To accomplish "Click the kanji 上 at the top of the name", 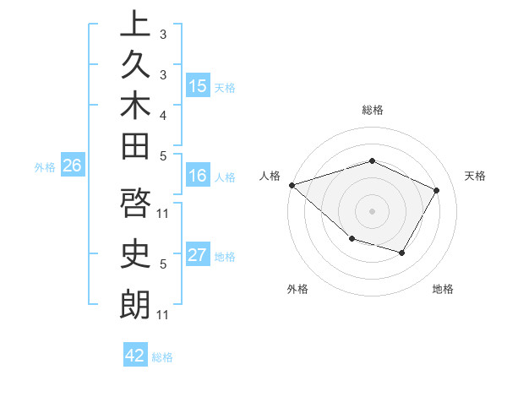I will (x=135, y=24).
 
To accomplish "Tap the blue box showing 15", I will (x=198, y=86).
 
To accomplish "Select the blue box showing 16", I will (x=198, y=176).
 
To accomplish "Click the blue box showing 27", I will (x=198, y=255).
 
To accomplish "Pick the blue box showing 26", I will (x=73, y=166).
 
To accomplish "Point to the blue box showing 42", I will (x=135, y=356).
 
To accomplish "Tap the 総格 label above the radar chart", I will (x=373, y=110).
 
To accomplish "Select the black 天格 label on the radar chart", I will (x=475, y=176).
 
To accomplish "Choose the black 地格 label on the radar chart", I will (x=443, y=289).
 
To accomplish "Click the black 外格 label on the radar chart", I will (x=297, y=289).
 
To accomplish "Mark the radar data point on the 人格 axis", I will (x=292, y=184).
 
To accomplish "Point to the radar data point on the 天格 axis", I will (x=437, y=190).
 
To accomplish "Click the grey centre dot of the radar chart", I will (x=373, y=210).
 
